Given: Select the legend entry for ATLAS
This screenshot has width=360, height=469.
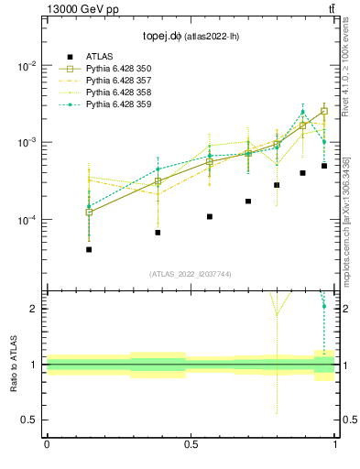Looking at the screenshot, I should tap(99, 57).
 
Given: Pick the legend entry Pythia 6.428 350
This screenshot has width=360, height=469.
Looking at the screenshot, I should tap(118, 69).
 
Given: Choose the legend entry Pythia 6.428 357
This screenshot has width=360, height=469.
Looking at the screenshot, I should tap(118, 81).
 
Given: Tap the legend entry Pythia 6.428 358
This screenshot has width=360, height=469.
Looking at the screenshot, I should tap(118, 93).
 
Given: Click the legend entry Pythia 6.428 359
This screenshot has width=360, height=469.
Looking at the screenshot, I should tap(118, 104).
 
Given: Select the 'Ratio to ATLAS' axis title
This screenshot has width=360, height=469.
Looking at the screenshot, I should tap(13, 364).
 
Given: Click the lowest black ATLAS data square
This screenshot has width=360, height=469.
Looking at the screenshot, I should tap(89, 249).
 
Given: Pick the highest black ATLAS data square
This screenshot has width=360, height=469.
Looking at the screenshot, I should tap(324, 166).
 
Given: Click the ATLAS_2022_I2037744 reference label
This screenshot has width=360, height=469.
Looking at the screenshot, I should tap(190, 274).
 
